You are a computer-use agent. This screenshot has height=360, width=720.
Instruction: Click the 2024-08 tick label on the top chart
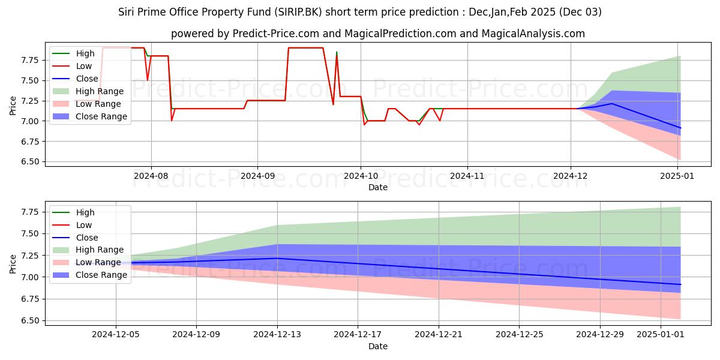[151, 176]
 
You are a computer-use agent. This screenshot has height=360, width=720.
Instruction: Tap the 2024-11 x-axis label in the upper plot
[467, 176]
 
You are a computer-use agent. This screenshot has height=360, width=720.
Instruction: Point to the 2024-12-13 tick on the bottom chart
[277, 335]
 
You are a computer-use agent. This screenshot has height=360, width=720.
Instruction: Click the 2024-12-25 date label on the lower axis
[519, 335]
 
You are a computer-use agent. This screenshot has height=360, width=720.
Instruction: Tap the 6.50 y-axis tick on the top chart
[30, 162]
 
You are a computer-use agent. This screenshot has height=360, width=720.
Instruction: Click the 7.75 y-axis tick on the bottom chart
[30, 212]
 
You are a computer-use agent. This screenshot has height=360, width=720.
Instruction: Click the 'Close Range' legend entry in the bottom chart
[101, 275]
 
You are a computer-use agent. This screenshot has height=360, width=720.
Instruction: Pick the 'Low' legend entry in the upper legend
[85, 66]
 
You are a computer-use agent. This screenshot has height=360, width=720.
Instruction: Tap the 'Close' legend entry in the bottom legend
[86, 238]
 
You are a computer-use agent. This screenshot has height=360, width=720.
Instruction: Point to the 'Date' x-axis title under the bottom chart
[378, 346]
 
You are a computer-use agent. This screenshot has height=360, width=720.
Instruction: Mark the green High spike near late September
[337, 52]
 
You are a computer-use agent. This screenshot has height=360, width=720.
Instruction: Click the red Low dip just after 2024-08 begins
[172, 120]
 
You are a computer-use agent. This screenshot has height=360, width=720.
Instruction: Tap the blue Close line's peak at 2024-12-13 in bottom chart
[277, 258]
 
